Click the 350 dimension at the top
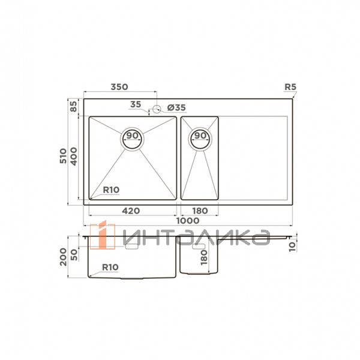[119, 87]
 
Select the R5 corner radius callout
[290, 87]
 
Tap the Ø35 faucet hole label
[176, 107]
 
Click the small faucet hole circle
[157, 109]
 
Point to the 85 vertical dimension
[73, 106]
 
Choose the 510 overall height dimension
[63, 156]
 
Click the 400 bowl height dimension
[74, 157]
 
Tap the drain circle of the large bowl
[132, 139]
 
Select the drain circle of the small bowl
[200, 139]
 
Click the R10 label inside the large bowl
[111, 190]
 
